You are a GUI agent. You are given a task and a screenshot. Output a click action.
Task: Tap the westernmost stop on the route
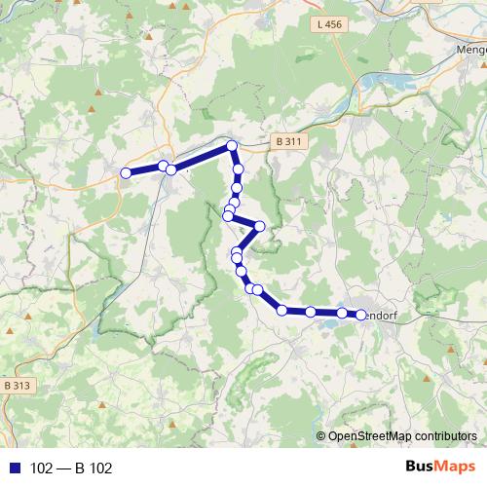tap(126, 173)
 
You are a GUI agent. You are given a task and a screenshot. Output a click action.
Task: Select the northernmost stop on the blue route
tap(232, 146)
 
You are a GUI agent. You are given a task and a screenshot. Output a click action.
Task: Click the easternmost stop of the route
tap(361, 315)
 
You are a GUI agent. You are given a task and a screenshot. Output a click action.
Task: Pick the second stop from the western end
tap(163, 166)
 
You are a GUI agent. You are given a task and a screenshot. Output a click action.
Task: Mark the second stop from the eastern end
tap(342, 313)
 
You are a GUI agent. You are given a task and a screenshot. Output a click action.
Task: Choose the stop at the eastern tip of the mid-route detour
tap(259, 227)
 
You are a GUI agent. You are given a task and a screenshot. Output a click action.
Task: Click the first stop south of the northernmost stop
tap(238, 169)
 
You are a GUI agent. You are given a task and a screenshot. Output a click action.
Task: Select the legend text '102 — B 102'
tap(71, 468)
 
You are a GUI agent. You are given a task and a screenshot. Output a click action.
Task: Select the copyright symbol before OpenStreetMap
tap(322, 436)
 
